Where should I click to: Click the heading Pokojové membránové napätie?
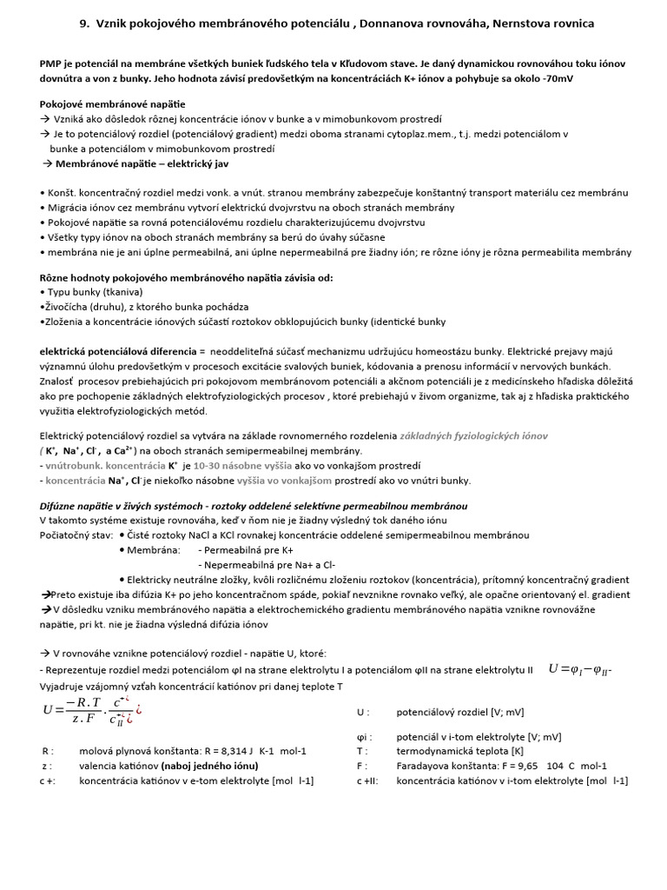(x=112, y=104)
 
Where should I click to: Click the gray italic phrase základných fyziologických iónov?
(x=473, y=435)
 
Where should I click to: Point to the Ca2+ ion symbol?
(x=121, y=450)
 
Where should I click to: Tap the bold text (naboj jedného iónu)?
(x=208, y=765)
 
